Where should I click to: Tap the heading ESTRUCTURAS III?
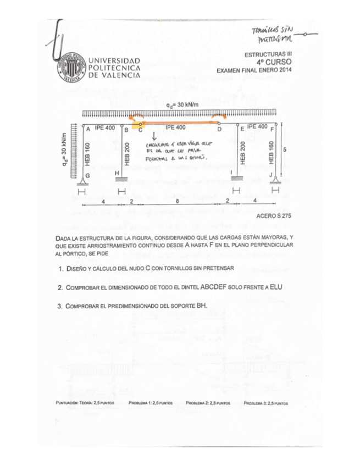(x=267, y=56)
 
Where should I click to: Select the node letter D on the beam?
(x=219, y=130)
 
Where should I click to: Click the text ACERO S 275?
(x=273, y=217)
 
